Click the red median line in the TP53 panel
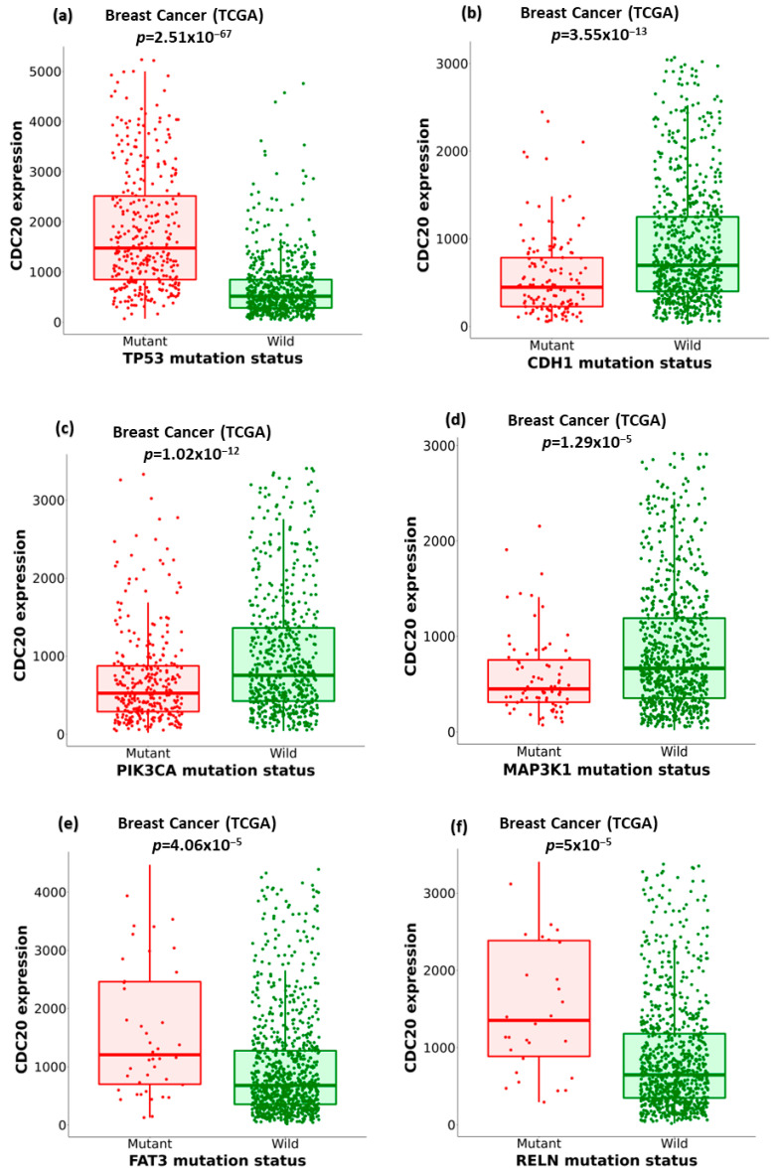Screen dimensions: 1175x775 [145, 248]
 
